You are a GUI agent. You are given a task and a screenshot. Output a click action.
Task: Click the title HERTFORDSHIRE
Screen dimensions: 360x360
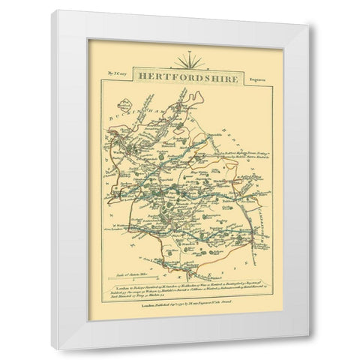pyautogui.click(x=178, y=76)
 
